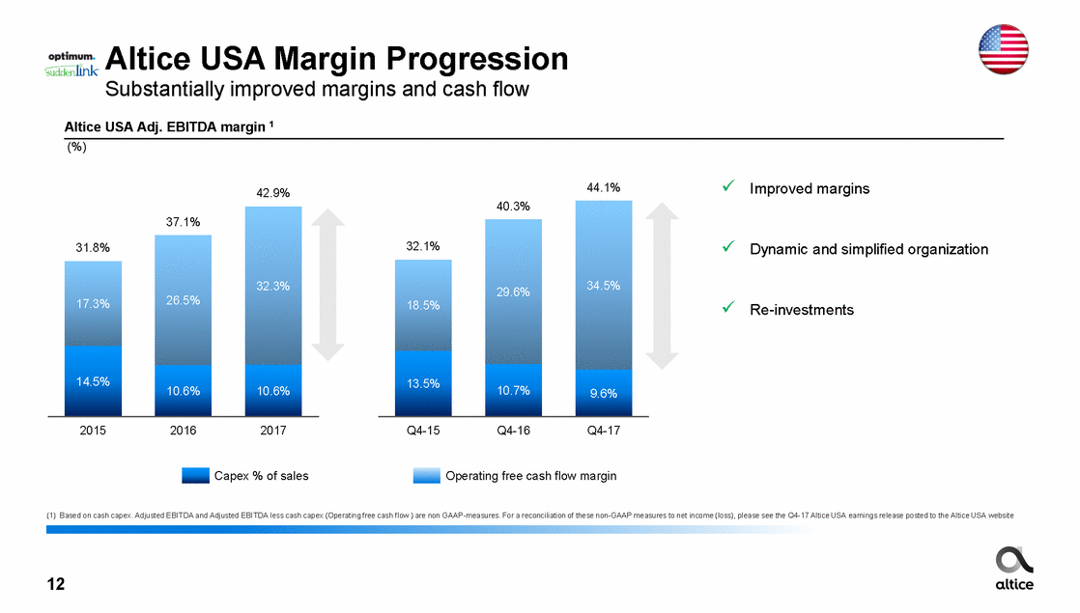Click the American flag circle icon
pyautogui.click(x=1004, y=48)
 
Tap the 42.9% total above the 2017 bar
pyautogui.click(x=273, y=192)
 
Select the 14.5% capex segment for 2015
pyautogui.click(x=93, y=381)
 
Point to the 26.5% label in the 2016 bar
pyautogui.click(x=183, y=300)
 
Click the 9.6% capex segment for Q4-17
pyautogui.click(x=603, y=393)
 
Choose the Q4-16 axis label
pyautogui.click(x=513, y=431)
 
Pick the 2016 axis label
pyautogui.click(x=183, y=431)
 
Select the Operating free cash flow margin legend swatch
pyautogui.click(x=426, y=476)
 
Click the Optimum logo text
pyautogui.click(x=71, y=56)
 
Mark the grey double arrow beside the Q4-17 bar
pyautogui.click(x=662, y=285)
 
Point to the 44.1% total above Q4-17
pyautogui.click(x=603, y=187)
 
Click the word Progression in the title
pyautogui.click(x=469, y=60)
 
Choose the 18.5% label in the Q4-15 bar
pyautogui.click(x=423, y=305)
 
